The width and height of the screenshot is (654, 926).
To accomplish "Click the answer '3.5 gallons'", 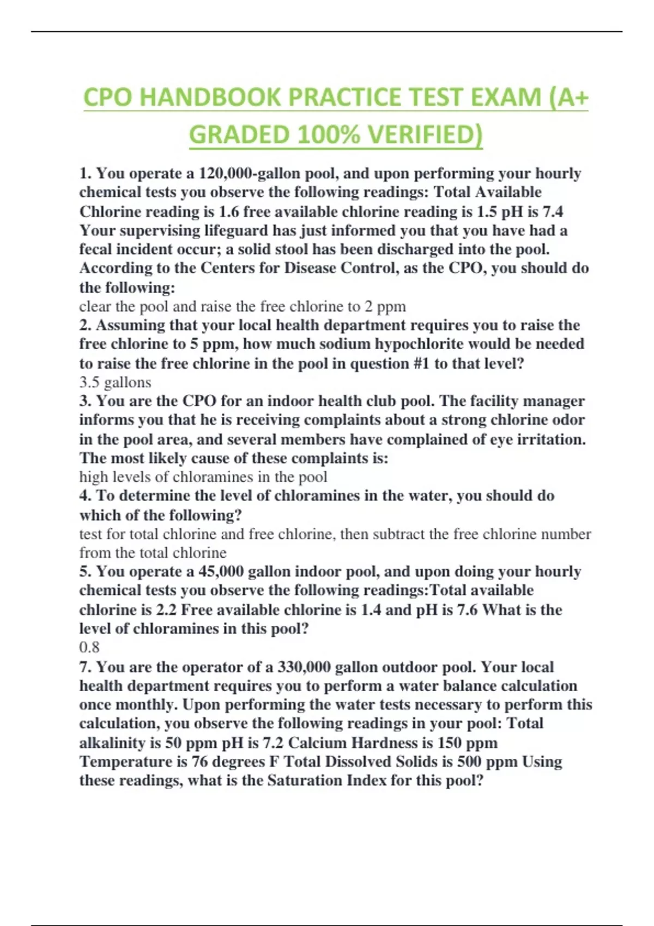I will (x=115, y=382).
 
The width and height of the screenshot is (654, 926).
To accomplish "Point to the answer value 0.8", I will (x=89, y=647).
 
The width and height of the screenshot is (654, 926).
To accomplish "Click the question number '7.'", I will (x=86, y=667).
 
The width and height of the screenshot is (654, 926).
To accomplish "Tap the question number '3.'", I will (x=86, y=401).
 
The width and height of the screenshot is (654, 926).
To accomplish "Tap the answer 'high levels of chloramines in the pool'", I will (x=203, y=477).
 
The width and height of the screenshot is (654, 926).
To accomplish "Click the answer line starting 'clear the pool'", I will (x=242, y=307).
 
